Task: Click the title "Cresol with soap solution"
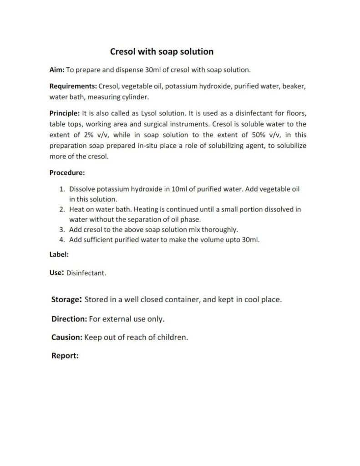[x=162, y=51]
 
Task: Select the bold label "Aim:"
[x=57, y=70]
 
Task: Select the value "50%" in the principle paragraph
[x=250, y=135]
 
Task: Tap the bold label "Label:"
[x=59, y=254]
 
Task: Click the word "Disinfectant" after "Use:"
[x=86, y=274]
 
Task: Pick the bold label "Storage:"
[x=66, y=300]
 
